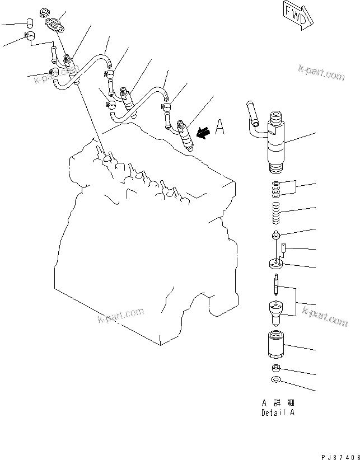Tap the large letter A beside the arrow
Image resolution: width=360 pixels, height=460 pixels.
(x=220, y=129)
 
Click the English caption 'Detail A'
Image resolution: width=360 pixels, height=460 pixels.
(x=278, y=413)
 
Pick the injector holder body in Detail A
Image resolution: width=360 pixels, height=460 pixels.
(x=278, y=140)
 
